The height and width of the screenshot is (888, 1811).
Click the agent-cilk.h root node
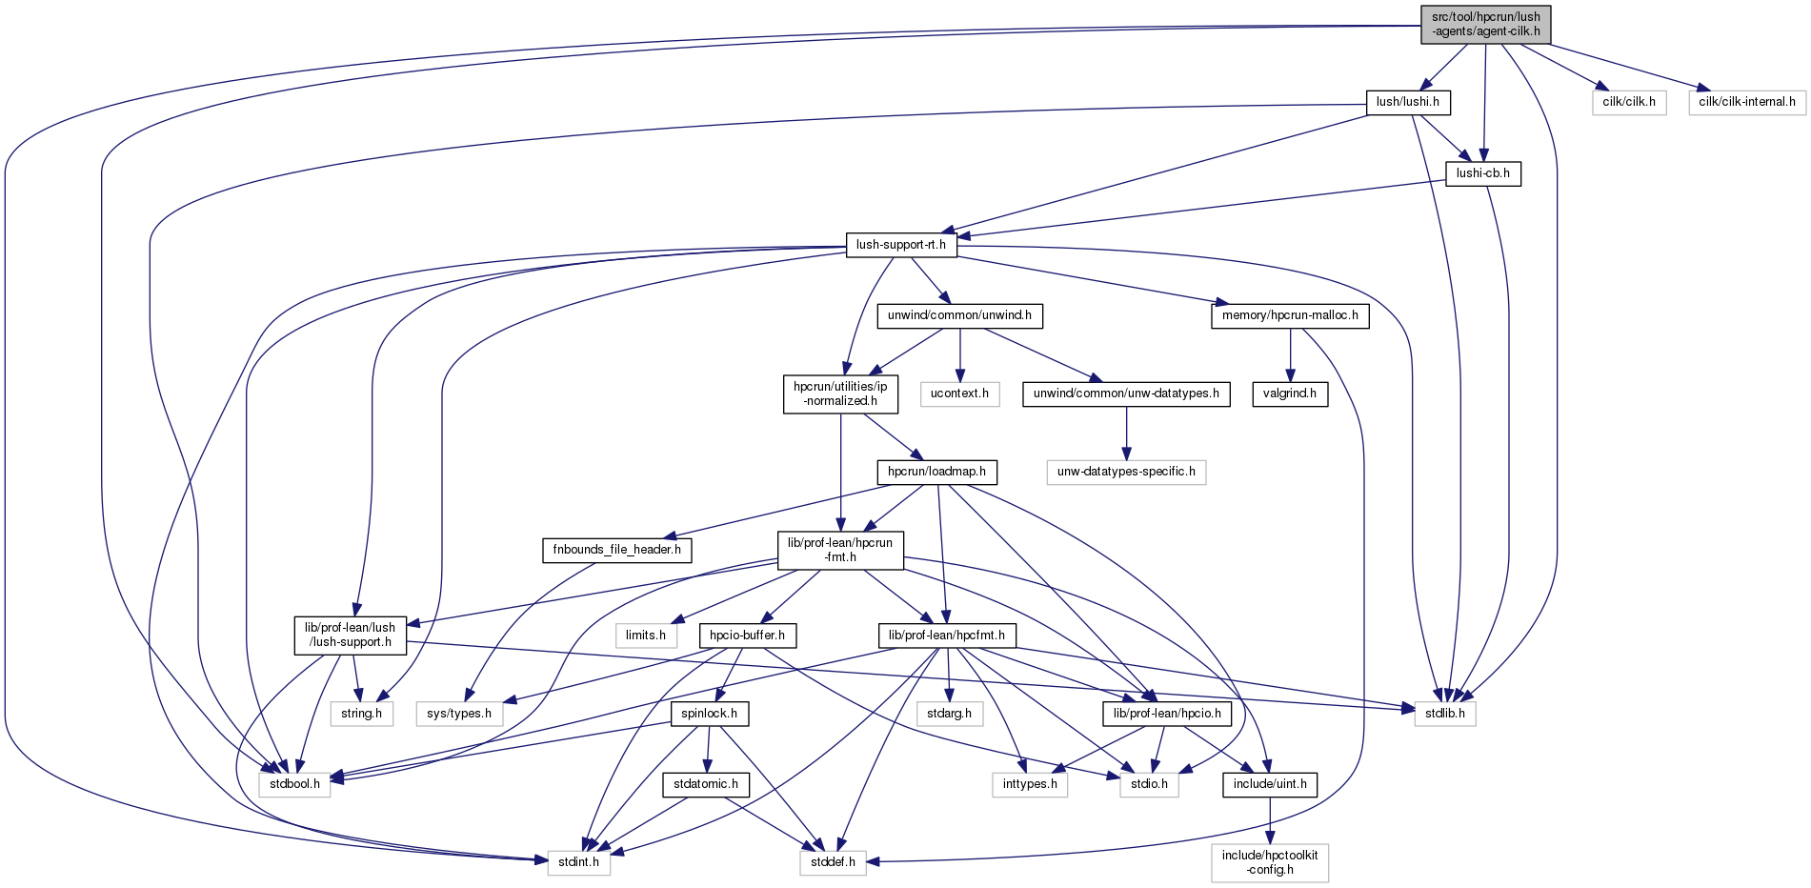coord(1485,25)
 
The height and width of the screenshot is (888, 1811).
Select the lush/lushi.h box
coord(1407,102)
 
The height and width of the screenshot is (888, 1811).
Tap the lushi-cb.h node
coord(1482,173)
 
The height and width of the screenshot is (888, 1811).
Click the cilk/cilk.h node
coord(1628,102)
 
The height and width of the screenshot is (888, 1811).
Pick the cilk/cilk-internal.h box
coord(1746,102)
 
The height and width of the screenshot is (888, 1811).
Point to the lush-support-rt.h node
coord(900,245)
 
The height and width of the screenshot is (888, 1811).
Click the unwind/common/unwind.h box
coord(959,315)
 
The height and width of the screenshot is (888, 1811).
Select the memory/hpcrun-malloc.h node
coord(1289,315)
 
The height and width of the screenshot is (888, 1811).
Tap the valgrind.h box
coord(1289,394)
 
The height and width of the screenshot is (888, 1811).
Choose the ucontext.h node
coord(959,394)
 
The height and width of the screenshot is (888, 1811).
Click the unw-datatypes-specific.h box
coord(1125,472)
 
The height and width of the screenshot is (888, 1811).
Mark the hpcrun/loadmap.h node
coord(936,472)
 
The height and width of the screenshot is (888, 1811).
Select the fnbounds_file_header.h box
coord(616,550)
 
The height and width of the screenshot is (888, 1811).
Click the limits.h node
coord(645,636)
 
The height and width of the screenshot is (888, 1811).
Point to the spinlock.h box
coord(709,714)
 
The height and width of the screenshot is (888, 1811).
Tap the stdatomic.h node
coord(705,784)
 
